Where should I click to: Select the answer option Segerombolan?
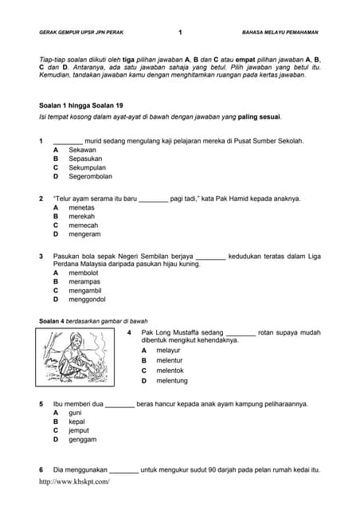pyautogui.click(x=90, y=176)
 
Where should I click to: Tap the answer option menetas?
pyautogui.click(x=81, y=207)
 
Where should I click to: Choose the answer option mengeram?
pyautogui.click(x=84, y=234)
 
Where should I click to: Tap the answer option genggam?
pyautogui.click(x=82, y=439)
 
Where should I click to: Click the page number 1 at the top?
pyautogui.click(x=180, y=33)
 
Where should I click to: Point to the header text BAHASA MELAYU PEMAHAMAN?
pyautogui.click(x=280, y=33)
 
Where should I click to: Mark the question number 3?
pyautogui.click(x=41, y=256)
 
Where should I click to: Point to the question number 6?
pyautogui.click(x=41, y=469)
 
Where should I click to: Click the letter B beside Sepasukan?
pyautogui.click(x=56, y=159)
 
